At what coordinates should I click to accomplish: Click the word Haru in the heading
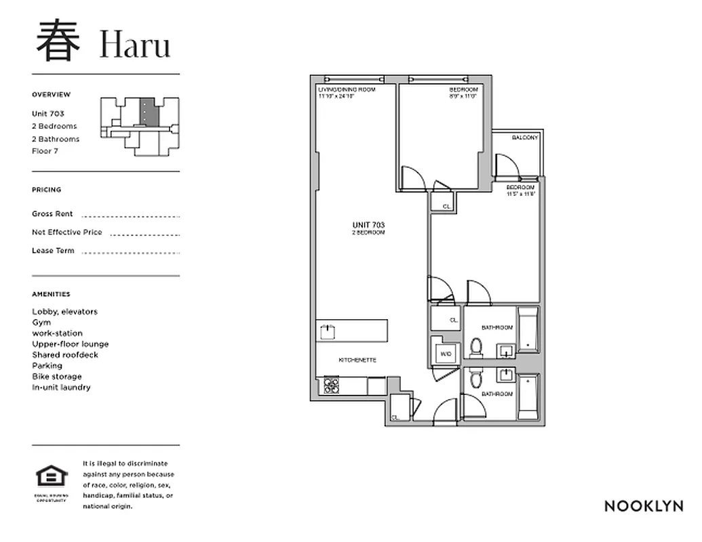pos(135,45)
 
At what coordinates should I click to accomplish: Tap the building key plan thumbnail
pos(140,126)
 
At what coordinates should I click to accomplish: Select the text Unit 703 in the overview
pos(48,114)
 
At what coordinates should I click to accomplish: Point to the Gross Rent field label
pos(52,213)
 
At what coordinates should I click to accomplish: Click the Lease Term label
pos(53,251)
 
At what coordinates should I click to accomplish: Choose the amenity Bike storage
pos(57,377)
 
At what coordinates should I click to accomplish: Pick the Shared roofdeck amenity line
pos(65,355)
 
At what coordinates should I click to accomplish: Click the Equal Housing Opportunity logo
pos(52,478)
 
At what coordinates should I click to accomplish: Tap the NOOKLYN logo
pos(643,506)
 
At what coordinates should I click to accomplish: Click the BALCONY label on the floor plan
pos(525,138)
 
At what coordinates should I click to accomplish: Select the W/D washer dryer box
pos(446,354)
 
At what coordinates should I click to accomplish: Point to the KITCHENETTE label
pos(357,360)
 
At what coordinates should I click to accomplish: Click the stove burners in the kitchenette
pos(332,385)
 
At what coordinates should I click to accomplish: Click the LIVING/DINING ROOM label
pos(346,89)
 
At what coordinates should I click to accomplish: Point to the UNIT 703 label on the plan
pos(368,224)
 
